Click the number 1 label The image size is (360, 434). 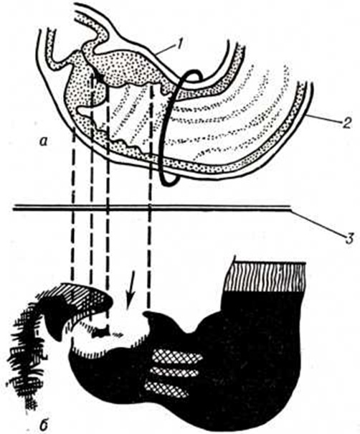click(179, 44)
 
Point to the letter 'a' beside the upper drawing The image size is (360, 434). click(44, 142)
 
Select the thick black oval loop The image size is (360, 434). click(167, 127)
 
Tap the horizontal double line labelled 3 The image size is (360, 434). click(151, 207)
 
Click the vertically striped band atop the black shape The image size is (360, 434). click(265, 277)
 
